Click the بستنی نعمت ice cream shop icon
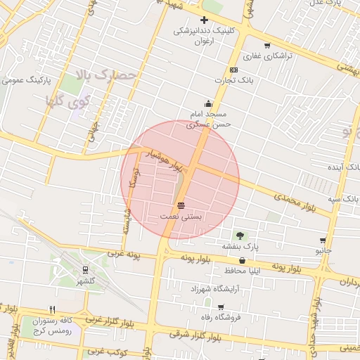(182, 205)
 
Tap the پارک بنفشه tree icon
(240, 235)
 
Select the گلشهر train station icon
(85, 269)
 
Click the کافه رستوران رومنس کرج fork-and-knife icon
(52, 309)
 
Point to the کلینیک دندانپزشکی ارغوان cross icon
(204, 20)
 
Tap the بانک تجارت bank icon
(233, 70)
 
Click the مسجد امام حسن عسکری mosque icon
(207, 103)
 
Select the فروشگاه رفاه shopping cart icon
(221, 307)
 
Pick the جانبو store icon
(323, 240)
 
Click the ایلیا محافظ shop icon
(243, 260)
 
